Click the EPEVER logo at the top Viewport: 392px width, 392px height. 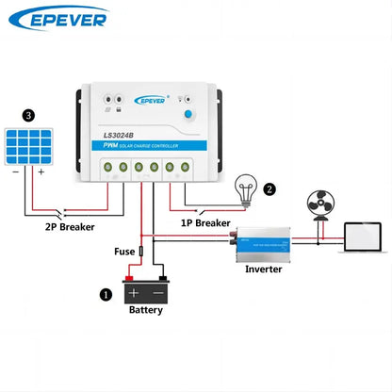pyautogui.click(x=68, y=18)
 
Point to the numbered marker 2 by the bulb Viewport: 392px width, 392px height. pyautogui.click(x=269, y=188)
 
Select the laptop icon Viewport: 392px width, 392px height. pyautogui.click(x=365, y=238)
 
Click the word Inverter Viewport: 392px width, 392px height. pyautogui.click(x=264, y=270)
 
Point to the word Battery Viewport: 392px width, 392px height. pyautogui.click(x=146, y=310)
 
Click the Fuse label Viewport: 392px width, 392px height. pyautogui.click(x=124, y=253)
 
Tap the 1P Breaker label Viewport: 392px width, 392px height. pyautogui.click(x=205, y=223)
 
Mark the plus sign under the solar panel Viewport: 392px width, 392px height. pyautogui.click(x=41, y=172)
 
